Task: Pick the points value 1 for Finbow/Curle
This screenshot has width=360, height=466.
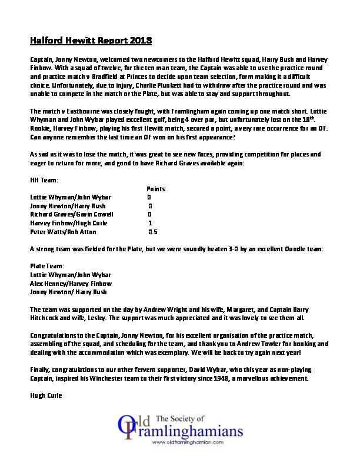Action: coord(150,224)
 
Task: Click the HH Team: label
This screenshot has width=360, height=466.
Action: coord(43,179)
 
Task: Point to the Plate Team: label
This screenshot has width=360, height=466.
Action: coord(47,266)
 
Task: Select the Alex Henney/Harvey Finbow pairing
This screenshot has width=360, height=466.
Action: coord(70,284)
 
